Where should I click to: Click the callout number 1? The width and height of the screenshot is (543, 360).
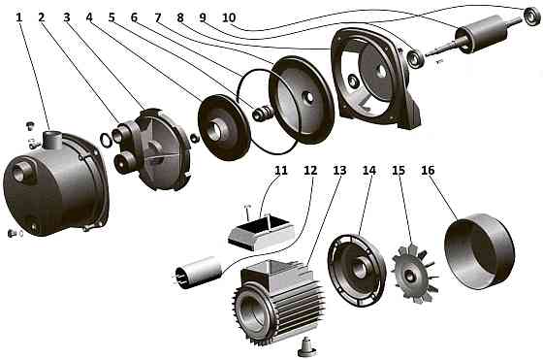pyautogui.click(x=19, y=17)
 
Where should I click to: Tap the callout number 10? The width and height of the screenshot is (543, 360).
pyautogui.click(x=229, y=17)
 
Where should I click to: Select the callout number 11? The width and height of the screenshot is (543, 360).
pyautogui.click(x=281, y=170)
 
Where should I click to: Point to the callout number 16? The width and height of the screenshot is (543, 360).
pyautogui.click(x=428, y=170)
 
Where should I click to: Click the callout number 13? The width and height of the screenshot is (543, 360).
pyautogui.click(x=339, y=170)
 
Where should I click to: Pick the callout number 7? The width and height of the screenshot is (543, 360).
pyautogui.click(x=158, y=17)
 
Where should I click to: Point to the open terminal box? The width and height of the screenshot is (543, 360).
pyautogui.click(x=260, y=231)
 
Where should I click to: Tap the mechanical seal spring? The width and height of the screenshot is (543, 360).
pyautogui.click(x=262, y=113)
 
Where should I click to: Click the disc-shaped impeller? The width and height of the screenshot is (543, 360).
pyautogui.click(x=224, y=127)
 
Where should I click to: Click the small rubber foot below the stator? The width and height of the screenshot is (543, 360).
pyautogui.click(x=306, y=345)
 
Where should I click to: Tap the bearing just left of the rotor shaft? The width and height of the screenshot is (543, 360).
pyautogui.click(x=415, y=59)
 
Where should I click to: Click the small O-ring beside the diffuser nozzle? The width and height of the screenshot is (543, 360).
pyautogui.click(x=105, y=139)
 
